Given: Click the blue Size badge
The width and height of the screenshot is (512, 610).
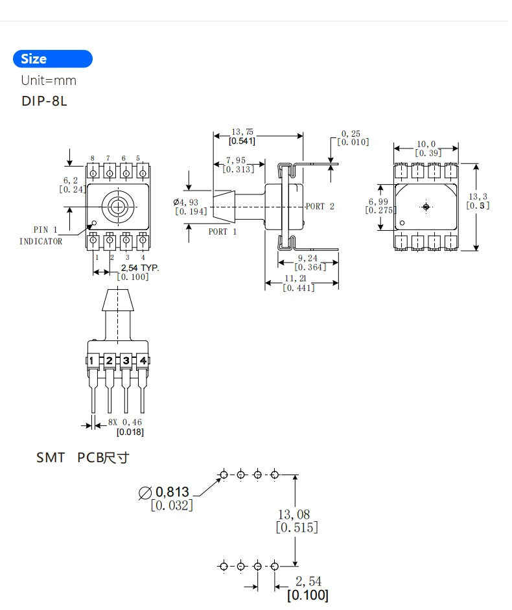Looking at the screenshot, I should pyautogui.click(x=52, y=59).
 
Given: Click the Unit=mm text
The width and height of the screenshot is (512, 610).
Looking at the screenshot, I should pyautogui.click(x=49, y=80).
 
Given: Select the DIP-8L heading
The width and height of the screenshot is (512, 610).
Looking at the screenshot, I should pyautogui.click(x=44, y=102).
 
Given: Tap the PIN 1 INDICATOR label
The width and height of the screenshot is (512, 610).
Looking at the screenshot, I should pyautogui.click(x=41, y=235).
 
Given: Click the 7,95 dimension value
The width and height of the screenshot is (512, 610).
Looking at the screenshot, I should pyautogui.click(x=237, y=160).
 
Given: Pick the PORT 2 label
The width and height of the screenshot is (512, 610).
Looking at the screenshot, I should pyautogui.click(x=320, y=206).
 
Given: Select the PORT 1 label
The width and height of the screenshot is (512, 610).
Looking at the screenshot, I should pyautogui.click(x=222, y=231).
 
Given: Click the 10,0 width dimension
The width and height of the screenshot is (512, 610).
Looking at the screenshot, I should pyautogui.click(x=426, y=144).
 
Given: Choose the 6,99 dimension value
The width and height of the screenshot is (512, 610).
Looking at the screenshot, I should pyautogui.click(x=379, y=202).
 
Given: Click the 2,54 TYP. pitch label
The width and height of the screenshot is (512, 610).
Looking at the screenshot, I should pyautogui.click(x=139, y=267).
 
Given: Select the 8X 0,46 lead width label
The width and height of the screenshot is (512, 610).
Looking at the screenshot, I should pyautogui.click(x=125, y=423).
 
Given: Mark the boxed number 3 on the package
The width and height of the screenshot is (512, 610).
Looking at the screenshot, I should pyautogui.click(x=126, y=360).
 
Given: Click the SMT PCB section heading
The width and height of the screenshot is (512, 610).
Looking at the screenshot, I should pyautogui.click(x=82, y=458).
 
